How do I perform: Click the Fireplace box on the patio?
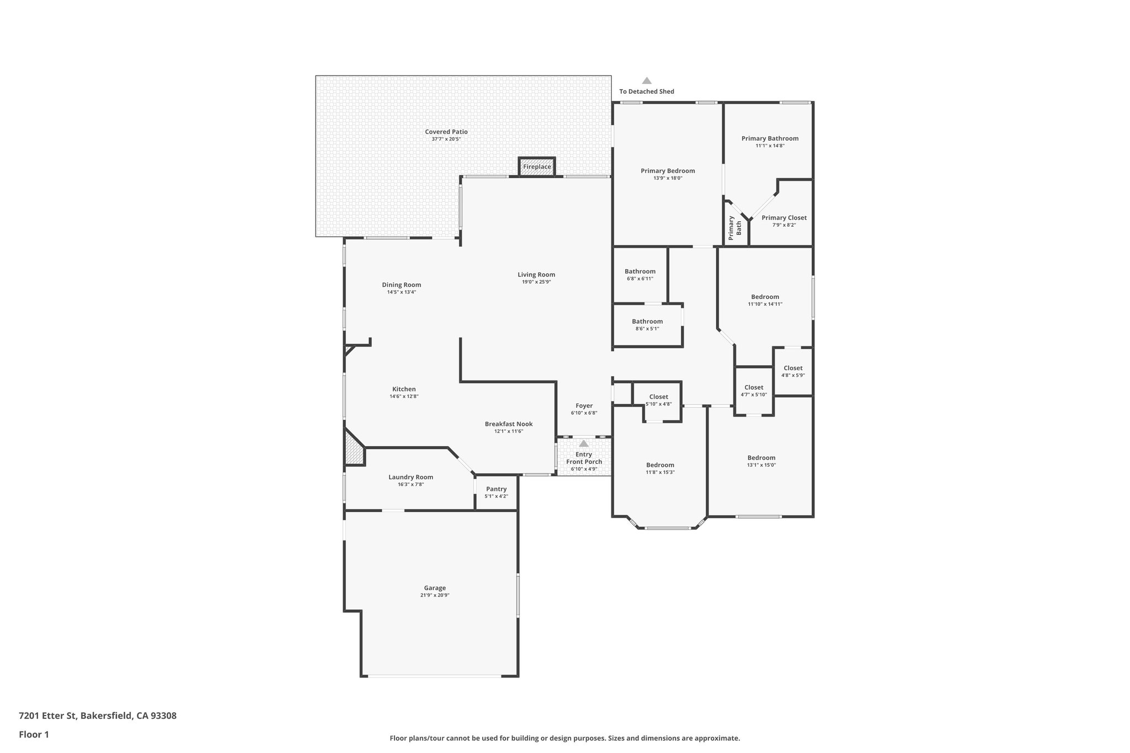(x=536, y=167)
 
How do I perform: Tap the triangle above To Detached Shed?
(x=647, y=81)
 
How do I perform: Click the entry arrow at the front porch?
(x=584, y=444)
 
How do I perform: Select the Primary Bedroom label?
(x=668, y=171)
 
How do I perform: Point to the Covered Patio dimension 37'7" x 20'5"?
(x=446, y=139)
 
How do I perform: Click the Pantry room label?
(x=496, y=489)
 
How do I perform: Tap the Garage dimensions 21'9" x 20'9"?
(x=435, y=595)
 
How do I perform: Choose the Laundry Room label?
(x=411, y=477)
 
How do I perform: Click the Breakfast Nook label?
(x=509, y=424)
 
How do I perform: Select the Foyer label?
(x=584, y=405)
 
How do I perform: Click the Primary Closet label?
(x=784, y=218)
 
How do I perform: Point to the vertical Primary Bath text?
(x=735, y=227)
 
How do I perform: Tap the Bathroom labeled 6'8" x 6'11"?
(x=640, y=271)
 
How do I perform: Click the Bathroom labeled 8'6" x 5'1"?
(x=647, y=322)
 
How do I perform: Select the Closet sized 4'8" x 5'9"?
(x=793, y=368)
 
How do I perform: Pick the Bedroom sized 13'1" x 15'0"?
(x=761, y=458)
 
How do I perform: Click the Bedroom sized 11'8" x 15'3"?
(x=660, y=465)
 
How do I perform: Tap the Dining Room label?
(x=401, y=285)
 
